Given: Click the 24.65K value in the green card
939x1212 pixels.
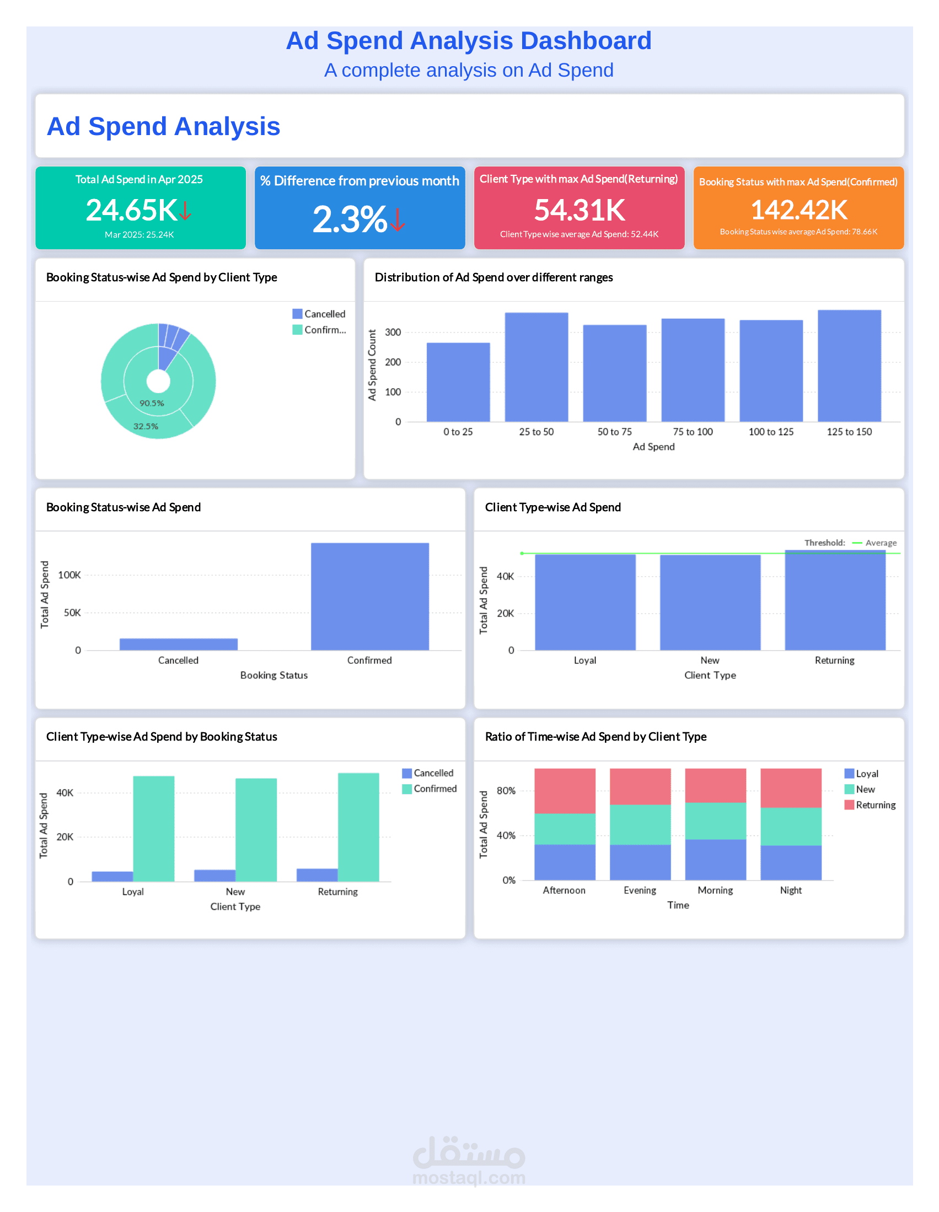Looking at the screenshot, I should (x=132, y=211).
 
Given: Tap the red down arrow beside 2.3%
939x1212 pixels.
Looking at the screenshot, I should (x=398, y=220).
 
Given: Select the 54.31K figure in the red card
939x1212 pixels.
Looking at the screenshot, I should (x=580, y=210).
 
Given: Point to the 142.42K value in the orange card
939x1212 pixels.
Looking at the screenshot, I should (x=798, y=210).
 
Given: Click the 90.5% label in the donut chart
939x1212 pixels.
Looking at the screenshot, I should (x=152, y=404).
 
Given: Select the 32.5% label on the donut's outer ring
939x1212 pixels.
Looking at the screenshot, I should (x=146, y=427).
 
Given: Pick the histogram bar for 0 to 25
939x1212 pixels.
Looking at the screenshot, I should (x=458, y=382).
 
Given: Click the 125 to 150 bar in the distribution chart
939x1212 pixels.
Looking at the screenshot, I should (x=849, y=366).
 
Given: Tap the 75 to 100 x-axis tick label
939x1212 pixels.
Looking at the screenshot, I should (x=693, y=432).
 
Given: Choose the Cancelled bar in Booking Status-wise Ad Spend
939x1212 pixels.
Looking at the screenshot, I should (x=179, y=644).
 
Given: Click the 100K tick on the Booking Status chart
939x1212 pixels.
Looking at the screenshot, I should (x=69, y=576).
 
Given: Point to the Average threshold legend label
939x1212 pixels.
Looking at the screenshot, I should (x=881, y=543).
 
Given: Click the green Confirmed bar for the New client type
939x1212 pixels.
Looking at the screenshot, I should (x=256, y=830).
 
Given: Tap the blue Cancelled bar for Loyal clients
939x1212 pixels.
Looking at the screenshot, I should (x=112, y=876).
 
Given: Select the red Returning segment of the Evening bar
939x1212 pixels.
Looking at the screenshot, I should (x=640, y=786).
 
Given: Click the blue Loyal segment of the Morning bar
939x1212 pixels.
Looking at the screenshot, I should (x=715, y=860).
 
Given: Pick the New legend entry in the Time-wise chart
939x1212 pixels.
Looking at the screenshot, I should (x=865, y=790).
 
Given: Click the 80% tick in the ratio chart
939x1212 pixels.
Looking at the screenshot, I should (x=506, y=791).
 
